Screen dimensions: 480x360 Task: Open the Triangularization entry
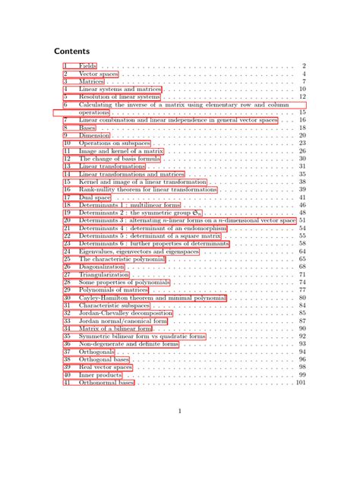tap(103, 274)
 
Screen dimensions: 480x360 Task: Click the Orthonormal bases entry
tap(106, 382)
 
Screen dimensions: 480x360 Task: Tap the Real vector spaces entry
tap(106, 367)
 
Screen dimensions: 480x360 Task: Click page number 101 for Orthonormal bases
tap(300, 382)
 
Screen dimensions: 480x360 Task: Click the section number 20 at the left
tap(66, 220)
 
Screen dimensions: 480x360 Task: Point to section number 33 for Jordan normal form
tap(66, 321)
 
